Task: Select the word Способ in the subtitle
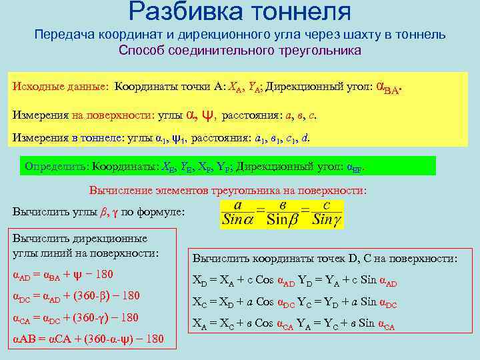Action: (x=141, y=50)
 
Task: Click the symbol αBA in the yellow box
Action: (x=389, y=87)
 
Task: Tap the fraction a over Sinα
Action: (x=238, y=213)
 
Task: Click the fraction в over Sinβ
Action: (x=285, y=213)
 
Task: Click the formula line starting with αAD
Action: (x=63, y=275)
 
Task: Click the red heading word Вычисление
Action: (x=118, y=190)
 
